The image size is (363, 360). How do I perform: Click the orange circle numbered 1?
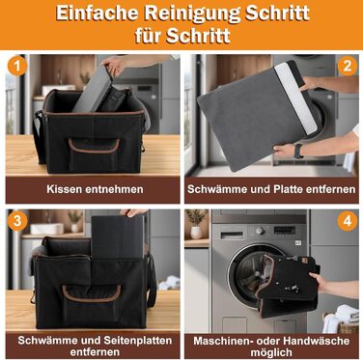(16, 66)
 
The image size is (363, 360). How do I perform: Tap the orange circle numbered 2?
(348, 66)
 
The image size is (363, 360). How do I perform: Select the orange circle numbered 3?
(16, 221)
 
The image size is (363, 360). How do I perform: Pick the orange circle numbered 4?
(348, 221)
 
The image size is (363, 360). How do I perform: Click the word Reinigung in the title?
(192, 14)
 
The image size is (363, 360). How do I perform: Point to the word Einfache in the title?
(97, 13)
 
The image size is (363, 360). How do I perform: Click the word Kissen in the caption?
(64, 189)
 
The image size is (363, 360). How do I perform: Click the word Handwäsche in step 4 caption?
(315, 341)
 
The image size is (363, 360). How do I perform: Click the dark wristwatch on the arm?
(298, 151)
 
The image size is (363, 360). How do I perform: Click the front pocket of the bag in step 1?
(94, 155)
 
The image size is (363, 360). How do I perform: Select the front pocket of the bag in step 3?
(92, 305)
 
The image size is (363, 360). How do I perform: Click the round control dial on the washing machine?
(260, 231)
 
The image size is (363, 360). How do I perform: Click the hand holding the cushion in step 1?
(114, 66)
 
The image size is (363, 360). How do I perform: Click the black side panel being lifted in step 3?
(118, 237)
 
